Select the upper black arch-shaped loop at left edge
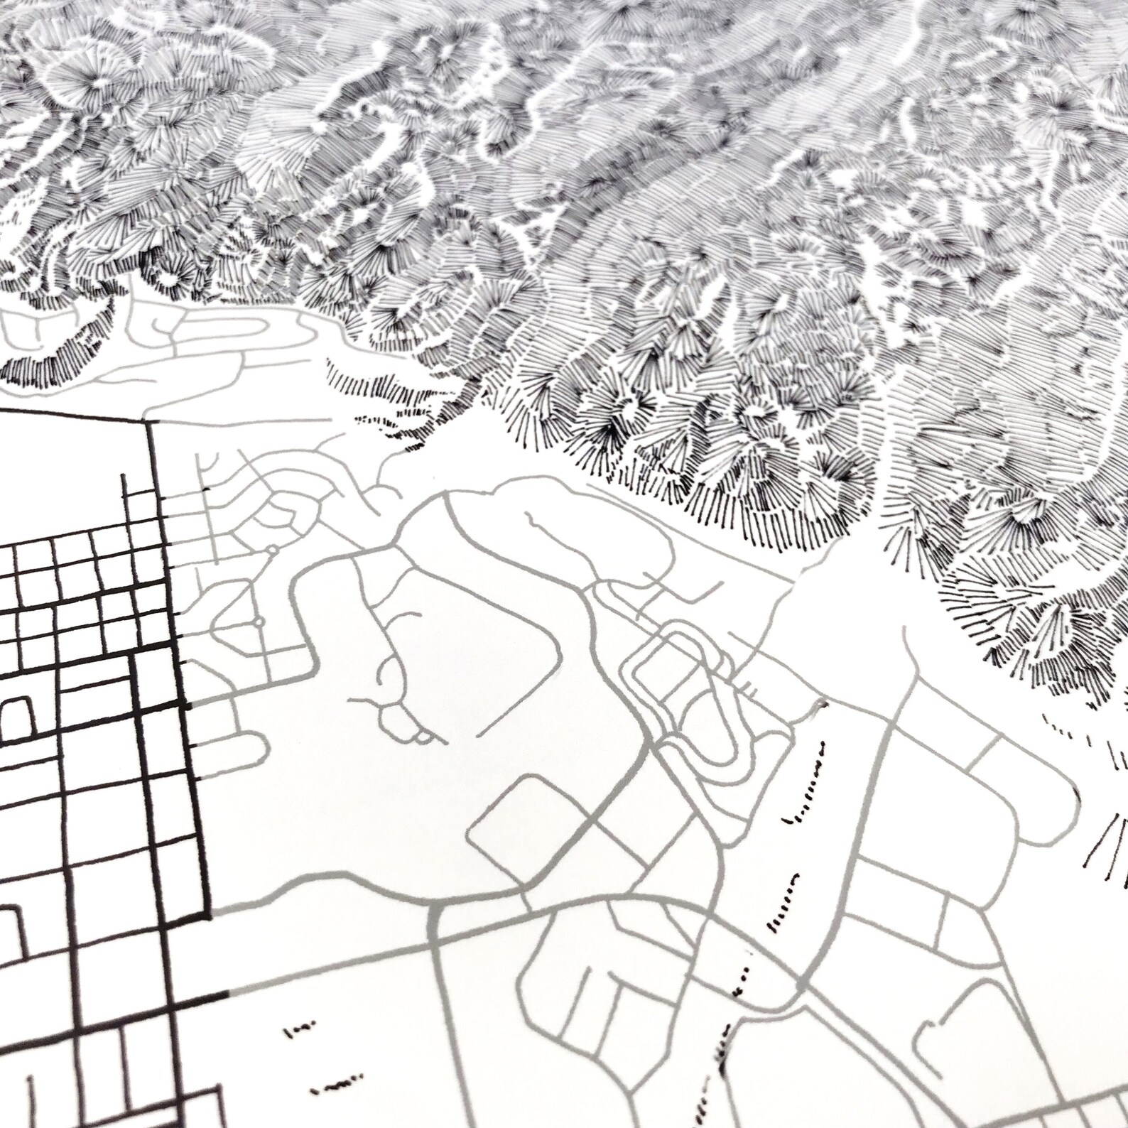point(16,716)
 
